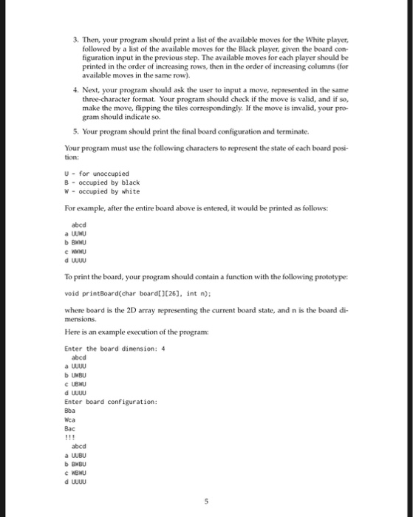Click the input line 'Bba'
click(70, 410)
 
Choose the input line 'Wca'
click(70, 419)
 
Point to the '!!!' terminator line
click(69, 436)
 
